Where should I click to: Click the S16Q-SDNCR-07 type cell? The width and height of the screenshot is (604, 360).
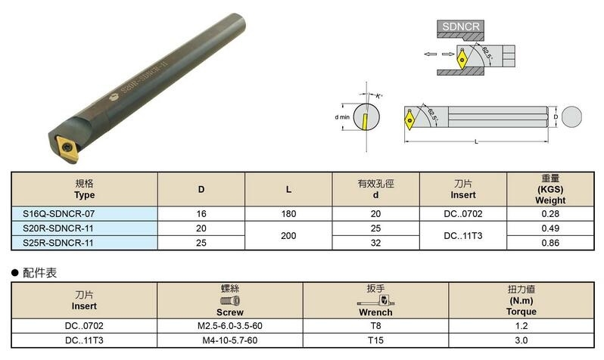[x=58, y=214]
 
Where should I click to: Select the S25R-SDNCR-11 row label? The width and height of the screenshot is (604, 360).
[x=58, y=243]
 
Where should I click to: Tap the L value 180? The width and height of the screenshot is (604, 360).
[x=288, y=214]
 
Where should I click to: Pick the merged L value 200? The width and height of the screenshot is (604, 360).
[x=288, y=236]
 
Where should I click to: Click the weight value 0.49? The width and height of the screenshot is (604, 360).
[x=550, y=228]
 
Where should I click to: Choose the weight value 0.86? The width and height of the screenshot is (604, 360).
[x=550, y=243]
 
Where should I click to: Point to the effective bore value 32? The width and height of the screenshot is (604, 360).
[x=375, y=243]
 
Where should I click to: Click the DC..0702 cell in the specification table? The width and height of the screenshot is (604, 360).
[x=463, y=214]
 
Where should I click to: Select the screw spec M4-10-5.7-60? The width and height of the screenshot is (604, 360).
[x=230, y=340]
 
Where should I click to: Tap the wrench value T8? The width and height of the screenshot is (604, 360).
[x=375, y=326]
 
